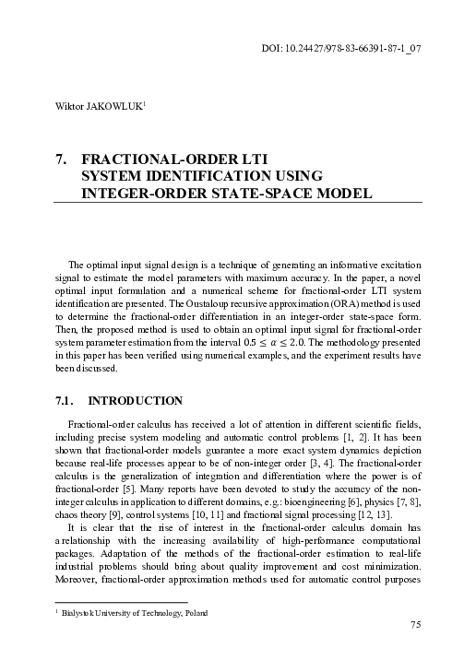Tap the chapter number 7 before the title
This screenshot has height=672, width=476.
[x=61, y=158]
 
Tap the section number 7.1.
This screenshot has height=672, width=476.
[x=67, y=401]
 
